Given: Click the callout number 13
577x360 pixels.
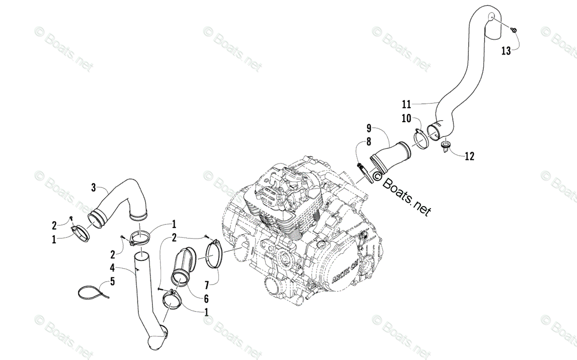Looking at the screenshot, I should pos(506,50).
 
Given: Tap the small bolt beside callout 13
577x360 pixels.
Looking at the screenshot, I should pos(514,30).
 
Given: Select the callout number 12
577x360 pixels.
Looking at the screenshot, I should pos(469,155).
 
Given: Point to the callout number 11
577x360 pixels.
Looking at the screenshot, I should pos(407,103).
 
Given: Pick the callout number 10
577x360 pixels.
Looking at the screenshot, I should pos(407,118).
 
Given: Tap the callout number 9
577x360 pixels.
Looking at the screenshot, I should pos(369,128).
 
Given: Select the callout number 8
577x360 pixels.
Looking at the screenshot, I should pos(369,142).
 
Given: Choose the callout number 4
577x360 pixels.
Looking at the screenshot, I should pos(112,267).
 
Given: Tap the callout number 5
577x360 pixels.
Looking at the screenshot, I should pos(112,281).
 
